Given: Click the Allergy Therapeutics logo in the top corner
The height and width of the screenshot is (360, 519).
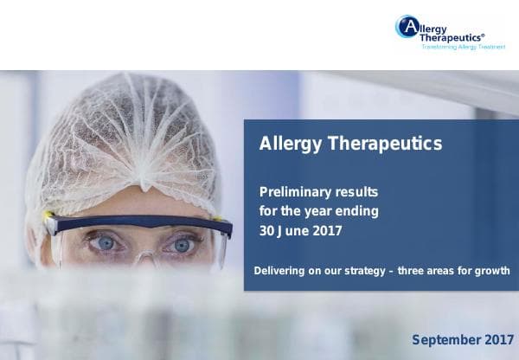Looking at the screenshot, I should click(450, 33).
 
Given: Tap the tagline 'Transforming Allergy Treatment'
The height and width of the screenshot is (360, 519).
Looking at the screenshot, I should click(462, 48).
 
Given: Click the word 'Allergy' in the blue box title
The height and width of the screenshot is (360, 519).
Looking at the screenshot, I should click(290, 145).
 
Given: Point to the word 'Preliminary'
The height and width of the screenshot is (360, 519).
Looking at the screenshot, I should click(293, 190).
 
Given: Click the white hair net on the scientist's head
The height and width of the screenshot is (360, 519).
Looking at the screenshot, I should click(130, 138).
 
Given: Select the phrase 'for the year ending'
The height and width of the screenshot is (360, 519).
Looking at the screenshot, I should click(318, 210).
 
